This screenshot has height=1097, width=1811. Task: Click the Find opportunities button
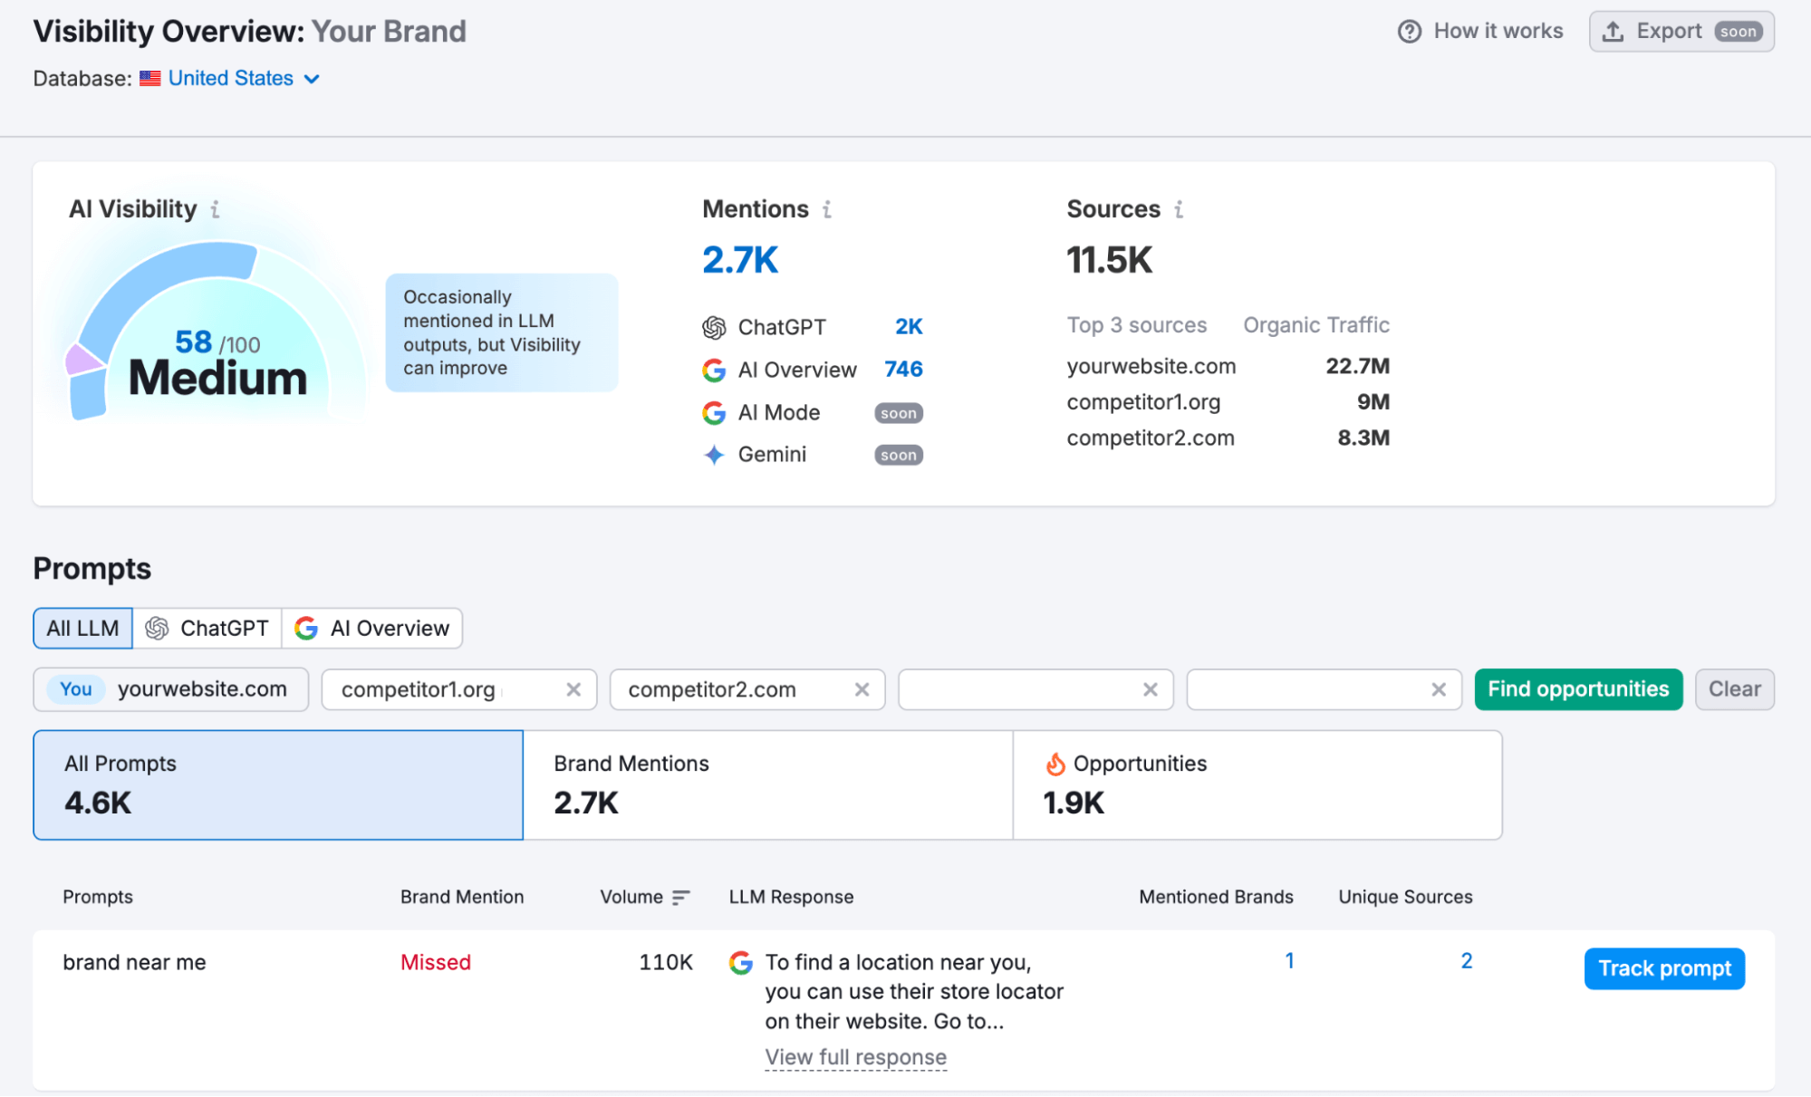[1577, 689]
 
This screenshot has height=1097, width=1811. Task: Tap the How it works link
[1480, 32]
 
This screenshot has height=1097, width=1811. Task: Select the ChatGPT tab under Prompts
[207, 629]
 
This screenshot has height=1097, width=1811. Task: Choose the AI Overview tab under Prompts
[372, 629]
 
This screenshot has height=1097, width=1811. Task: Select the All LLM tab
[82, 629]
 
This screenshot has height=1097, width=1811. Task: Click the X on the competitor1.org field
[573, 690]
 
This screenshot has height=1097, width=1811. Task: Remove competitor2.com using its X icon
[862, 690]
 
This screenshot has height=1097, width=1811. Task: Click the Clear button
[1734, 689]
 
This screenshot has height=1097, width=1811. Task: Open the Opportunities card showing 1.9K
[1257, 784]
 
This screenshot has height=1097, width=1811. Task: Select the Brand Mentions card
[767, 784]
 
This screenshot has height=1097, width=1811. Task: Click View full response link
[855, 1057]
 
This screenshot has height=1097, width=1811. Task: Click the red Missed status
[436, 962]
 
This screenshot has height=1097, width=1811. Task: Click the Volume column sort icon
[681, 898]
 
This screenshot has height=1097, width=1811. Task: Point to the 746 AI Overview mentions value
[903, 370]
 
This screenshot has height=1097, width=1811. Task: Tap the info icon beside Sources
[1179, 210]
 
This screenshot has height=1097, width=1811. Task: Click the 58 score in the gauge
[194, 342]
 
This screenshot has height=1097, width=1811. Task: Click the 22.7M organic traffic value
[1357, 366]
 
